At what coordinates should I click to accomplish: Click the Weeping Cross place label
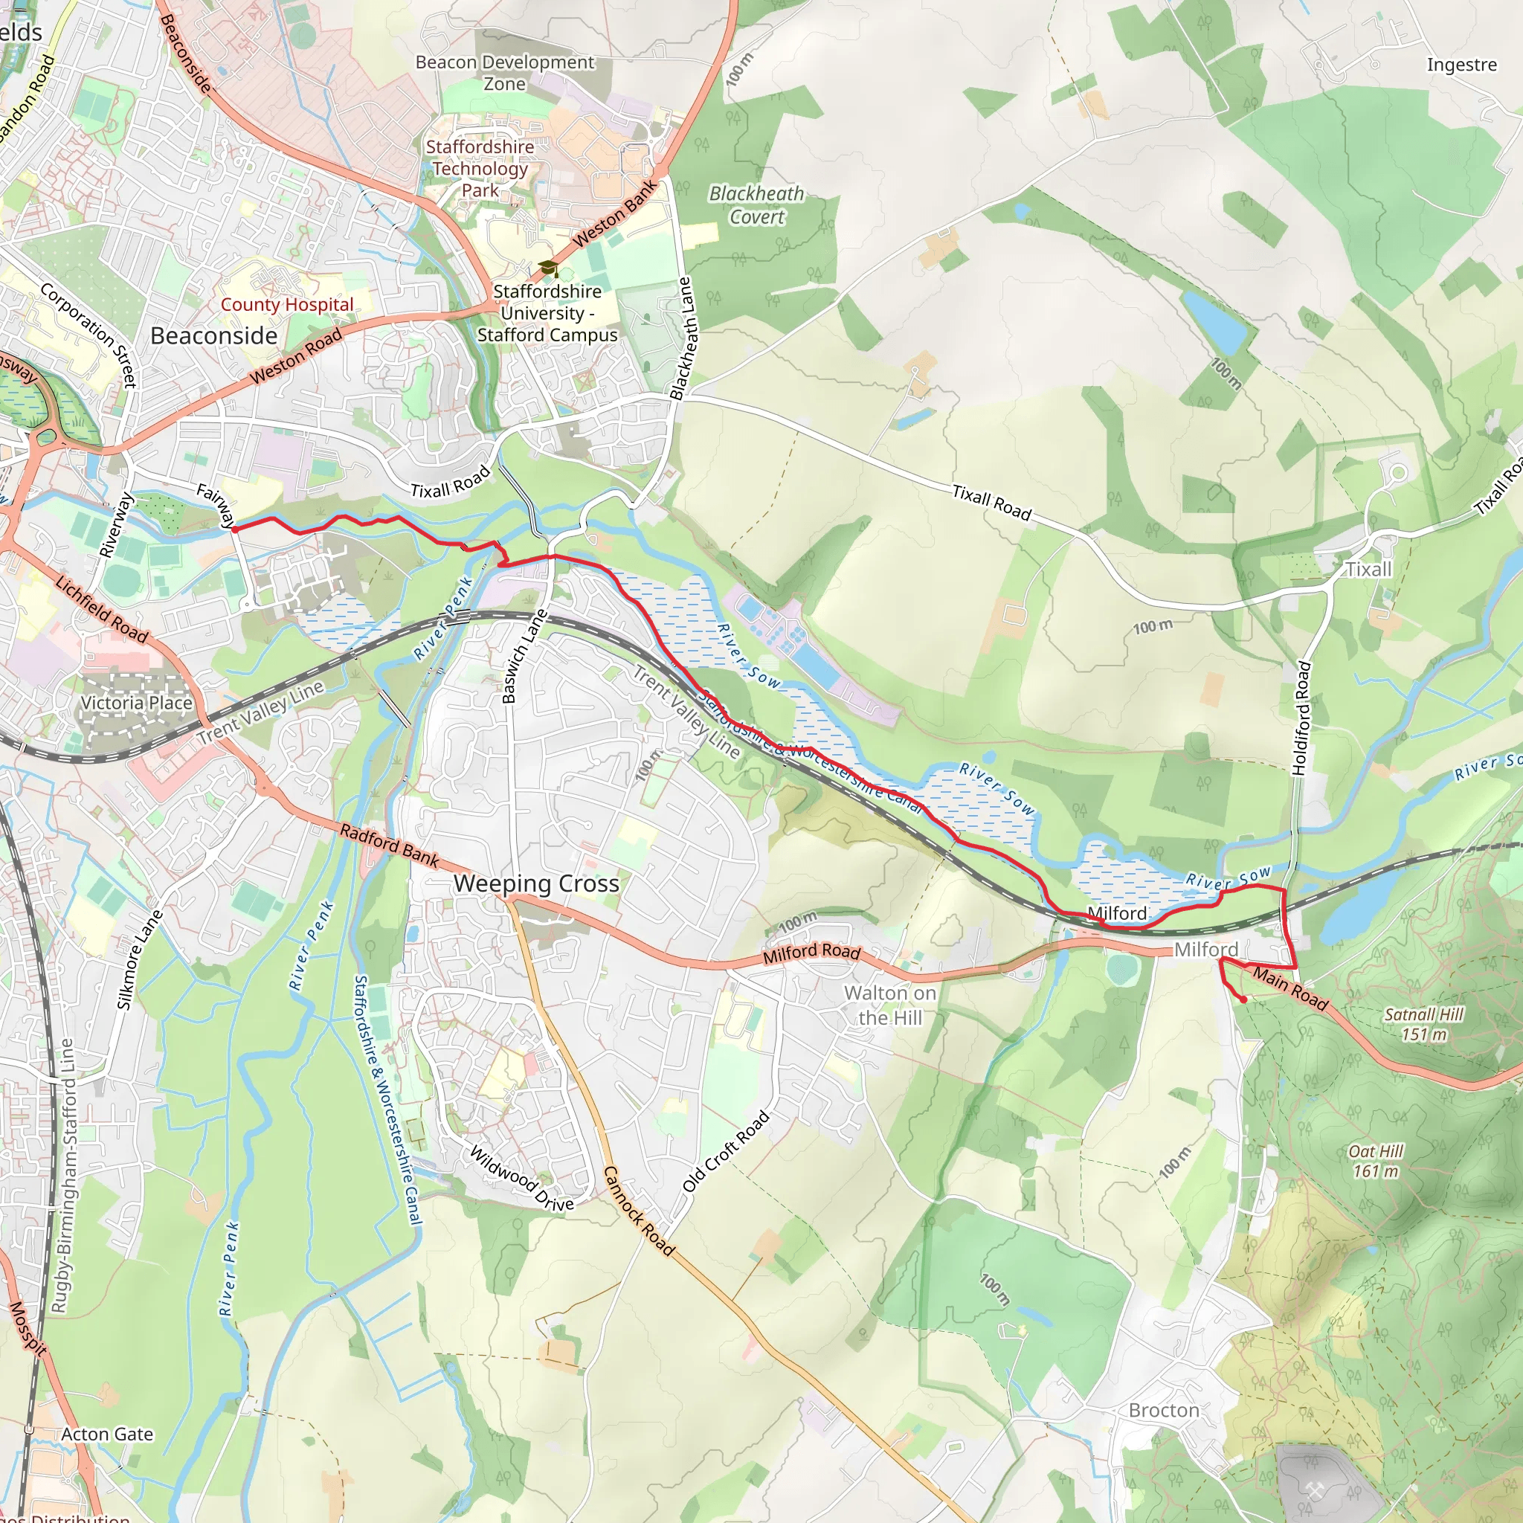click(536, 883)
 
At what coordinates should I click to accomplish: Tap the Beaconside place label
click(213, 336)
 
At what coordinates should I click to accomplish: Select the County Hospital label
click(287, 304)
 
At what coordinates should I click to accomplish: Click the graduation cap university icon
click(547, 268)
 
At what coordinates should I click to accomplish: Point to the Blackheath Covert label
click(757, 205)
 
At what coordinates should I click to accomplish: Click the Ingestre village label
click(1461, 65)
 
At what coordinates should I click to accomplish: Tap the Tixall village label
click(1368, 569)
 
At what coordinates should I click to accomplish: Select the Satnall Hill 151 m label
click(1423, 1024)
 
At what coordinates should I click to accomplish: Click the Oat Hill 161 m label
click(1376, 1161)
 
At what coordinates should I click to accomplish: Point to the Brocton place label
click(1164, 1410)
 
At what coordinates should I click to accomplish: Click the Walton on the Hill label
click(890, 1005)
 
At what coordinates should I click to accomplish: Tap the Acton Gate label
click(107, 1434)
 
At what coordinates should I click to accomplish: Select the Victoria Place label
click(136, 702)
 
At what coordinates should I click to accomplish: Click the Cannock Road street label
click(639, 1211)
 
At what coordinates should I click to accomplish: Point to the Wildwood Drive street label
click(522, 1179)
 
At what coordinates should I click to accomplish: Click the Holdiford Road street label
click(1301, 719)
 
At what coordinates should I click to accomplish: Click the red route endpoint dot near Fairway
click(235, 529)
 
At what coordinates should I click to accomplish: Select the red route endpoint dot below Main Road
click(1243, 999)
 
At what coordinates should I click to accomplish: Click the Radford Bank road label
click(390, 845)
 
